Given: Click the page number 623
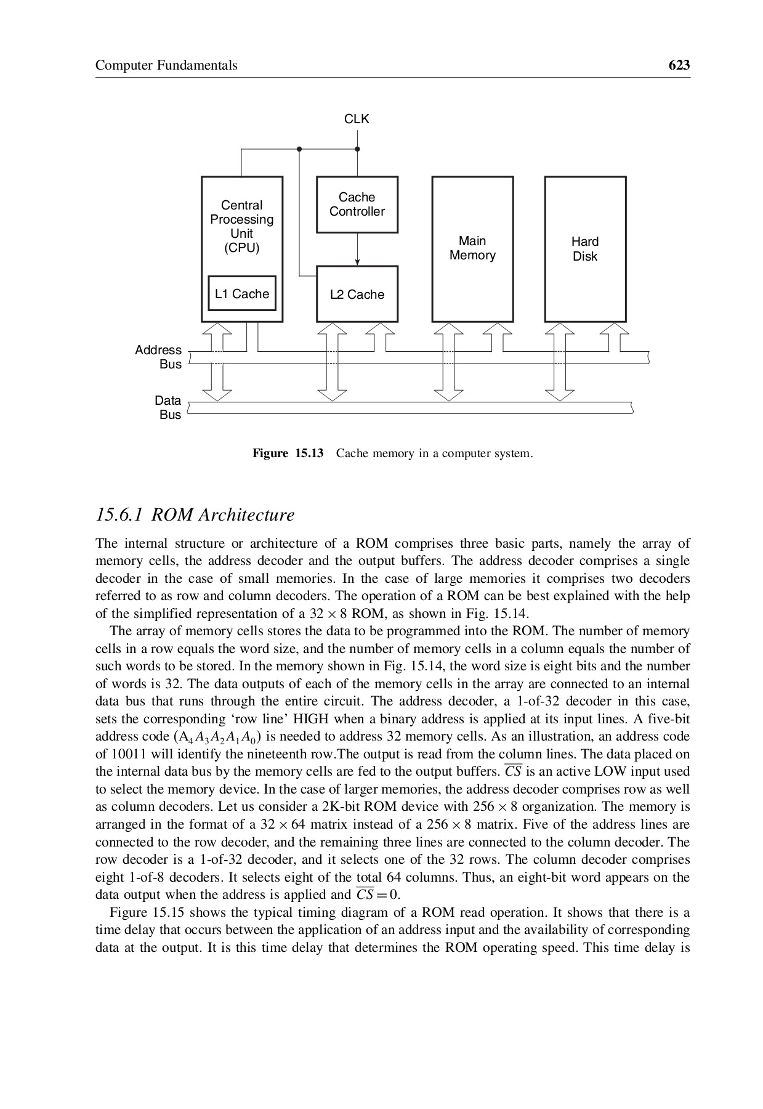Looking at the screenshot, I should (x=679, y=65).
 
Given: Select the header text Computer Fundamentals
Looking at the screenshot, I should (x=166, y=65).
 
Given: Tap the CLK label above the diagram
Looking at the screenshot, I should (x=357, y=119).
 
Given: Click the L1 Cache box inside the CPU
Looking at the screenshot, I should (x=242, y=293).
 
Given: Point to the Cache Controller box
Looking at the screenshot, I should (x=357, y=205).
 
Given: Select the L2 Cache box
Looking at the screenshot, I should (x=357, y=295).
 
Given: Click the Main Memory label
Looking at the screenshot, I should (x=472, y=248).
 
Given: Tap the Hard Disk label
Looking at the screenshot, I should (x=585, y=248).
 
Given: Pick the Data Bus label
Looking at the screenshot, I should (x=168, y=407).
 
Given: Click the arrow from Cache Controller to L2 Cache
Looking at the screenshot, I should (x=357, y=250).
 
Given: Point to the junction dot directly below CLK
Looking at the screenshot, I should (x=357, y=149).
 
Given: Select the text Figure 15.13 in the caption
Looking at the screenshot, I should (x=288, y=454).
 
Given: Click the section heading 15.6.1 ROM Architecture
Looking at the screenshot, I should (x=195, y=514).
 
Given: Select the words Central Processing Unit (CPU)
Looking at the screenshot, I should (x=241, y=226).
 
